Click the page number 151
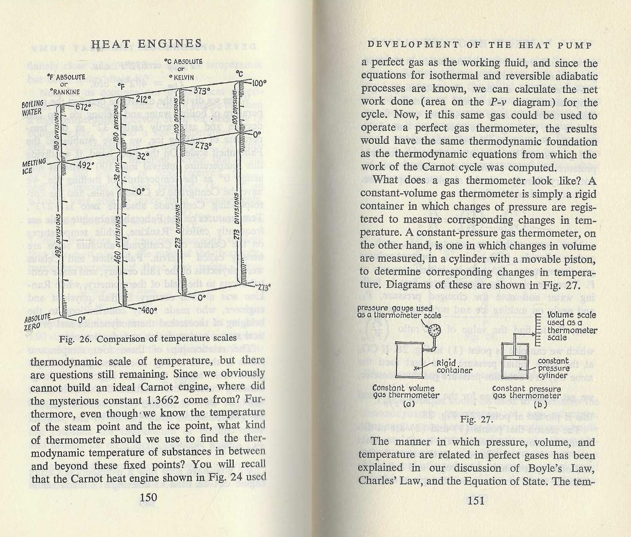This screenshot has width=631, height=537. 476,500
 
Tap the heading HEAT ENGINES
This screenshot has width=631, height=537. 146,44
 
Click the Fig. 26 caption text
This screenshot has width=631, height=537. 147,338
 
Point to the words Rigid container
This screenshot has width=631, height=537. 454,366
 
